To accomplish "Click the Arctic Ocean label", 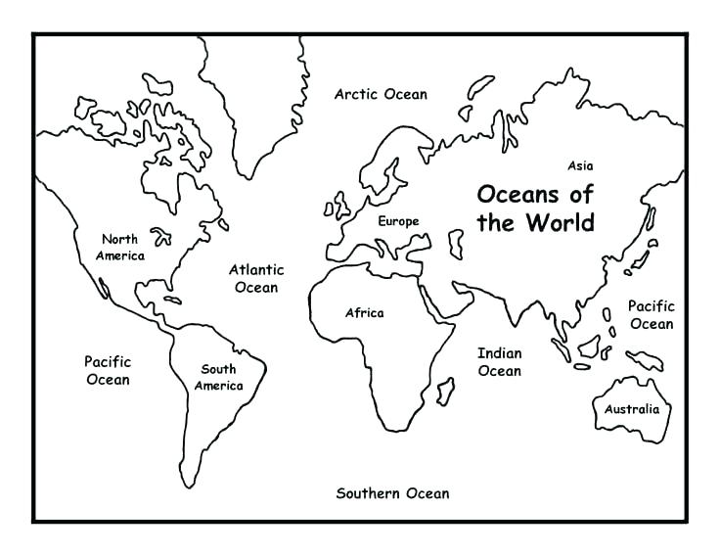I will (381, 95).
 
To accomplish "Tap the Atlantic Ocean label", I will (256, 278).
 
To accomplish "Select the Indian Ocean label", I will (499, 361).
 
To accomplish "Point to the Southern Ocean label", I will (392, 493).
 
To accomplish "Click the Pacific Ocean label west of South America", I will (107, 369).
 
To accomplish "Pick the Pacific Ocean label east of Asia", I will (651, 315).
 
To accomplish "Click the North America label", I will (119, 247).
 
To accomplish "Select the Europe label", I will (398, 221).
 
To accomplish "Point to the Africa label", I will (364, 313).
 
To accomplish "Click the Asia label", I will (580, 165).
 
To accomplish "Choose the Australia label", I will (631, 409).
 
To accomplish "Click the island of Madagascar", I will (445, 392).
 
